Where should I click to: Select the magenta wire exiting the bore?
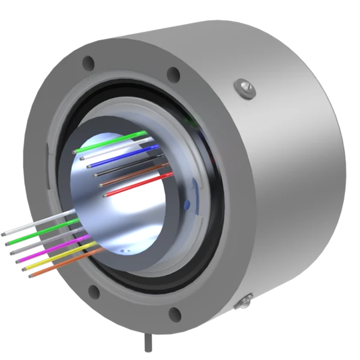coord(54,251)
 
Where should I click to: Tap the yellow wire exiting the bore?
coord(60,258)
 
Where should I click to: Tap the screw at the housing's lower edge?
coord(244,299)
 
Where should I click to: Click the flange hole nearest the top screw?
coord(173,74)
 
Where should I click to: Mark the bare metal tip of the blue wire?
coord(89,166)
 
